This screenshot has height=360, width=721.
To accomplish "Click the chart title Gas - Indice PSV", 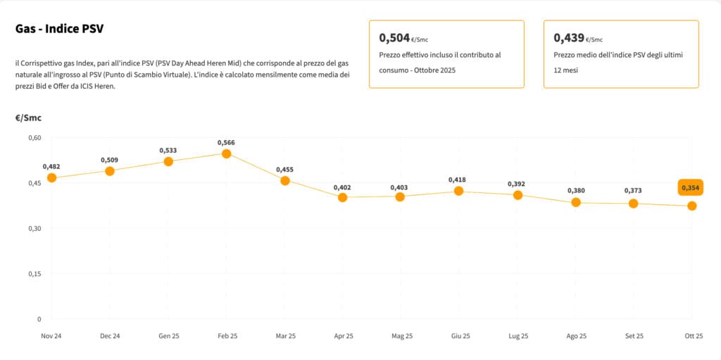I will (x=60, y=29).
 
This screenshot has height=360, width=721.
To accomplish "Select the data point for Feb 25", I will (x=227, y=154).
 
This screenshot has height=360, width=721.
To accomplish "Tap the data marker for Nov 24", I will (x=51, y=178).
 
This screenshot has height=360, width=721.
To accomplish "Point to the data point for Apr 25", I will (x=343, y=197).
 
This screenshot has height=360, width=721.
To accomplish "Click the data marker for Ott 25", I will (x=692, y=206).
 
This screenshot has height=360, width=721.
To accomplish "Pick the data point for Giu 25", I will (x=459, y=191).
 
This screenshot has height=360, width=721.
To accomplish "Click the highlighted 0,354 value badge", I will (x=691, y=187).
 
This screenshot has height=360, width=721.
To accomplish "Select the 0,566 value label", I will (x=227, y=142).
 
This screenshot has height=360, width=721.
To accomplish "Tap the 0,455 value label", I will (x=285, y=169).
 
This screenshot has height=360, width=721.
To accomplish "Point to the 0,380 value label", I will (x=576, y=190).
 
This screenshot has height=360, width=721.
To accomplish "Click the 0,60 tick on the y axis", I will (x=35, y=137).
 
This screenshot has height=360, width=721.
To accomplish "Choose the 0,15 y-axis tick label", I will (x=35, y=273).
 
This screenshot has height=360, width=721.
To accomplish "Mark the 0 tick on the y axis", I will (x=39, y=318).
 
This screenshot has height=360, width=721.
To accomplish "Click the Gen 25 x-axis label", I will (x=168, y=336).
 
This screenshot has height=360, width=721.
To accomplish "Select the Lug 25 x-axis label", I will (x=518, y=336).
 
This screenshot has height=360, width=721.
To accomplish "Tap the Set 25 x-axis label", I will (x=634, y=336).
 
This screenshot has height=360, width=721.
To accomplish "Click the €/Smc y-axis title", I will (x=28, y=118).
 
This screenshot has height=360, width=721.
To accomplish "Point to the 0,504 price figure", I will (x=394, y=37).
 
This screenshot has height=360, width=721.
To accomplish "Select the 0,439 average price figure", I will (x=569, y=37).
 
